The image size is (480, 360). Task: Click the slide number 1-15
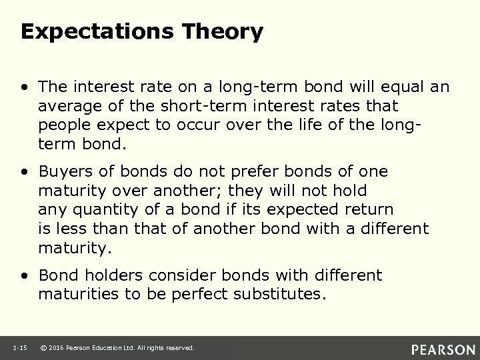pyautogui.click(x=20, y=348)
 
